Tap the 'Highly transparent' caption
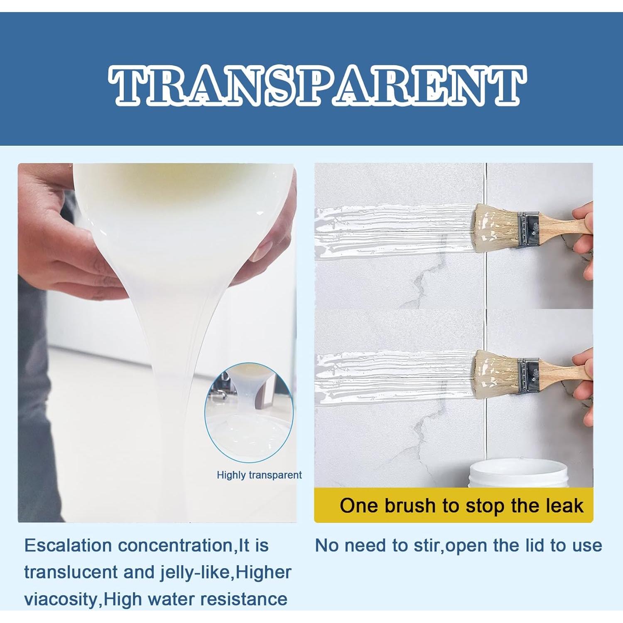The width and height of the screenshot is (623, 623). coord(259,475)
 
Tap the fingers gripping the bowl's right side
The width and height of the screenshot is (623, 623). coord(266,245)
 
